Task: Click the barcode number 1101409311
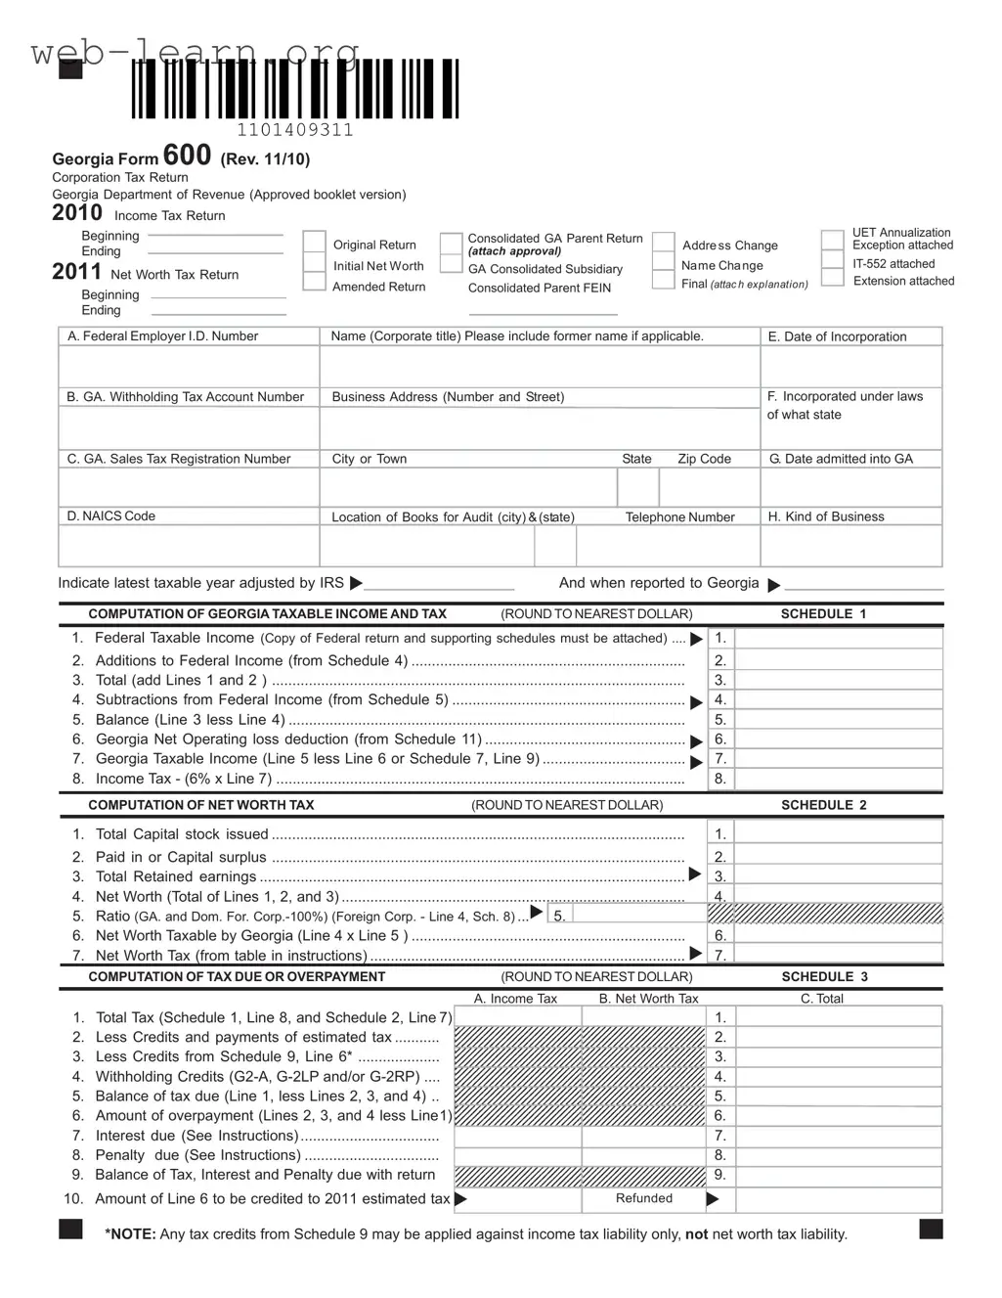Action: point(295,130)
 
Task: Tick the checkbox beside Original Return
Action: point(314,243)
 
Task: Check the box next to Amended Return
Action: point(314,283)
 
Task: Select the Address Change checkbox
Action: point(664,243)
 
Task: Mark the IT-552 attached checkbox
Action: point(832,261)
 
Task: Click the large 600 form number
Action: point(187,156)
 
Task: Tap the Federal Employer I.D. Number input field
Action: point(189,367)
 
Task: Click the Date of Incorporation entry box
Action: point(850,367)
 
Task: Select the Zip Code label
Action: point(704,459)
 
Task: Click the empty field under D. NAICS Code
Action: point(189,546)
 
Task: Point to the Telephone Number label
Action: point(679,517)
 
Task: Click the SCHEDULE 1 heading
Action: point(823,614)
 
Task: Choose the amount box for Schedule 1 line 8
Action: point(838,780)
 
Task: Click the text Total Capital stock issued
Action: point(182,834)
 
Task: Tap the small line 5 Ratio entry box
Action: point(638,915)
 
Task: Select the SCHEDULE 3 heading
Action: point(824,977)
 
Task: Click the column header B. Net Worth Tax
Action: point(648,999)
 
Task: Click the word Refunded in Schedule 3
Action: point(643,1198)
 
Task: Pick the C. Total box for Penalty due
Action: point(838,1155)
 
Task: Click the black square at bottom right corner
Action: point(931,1230)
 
